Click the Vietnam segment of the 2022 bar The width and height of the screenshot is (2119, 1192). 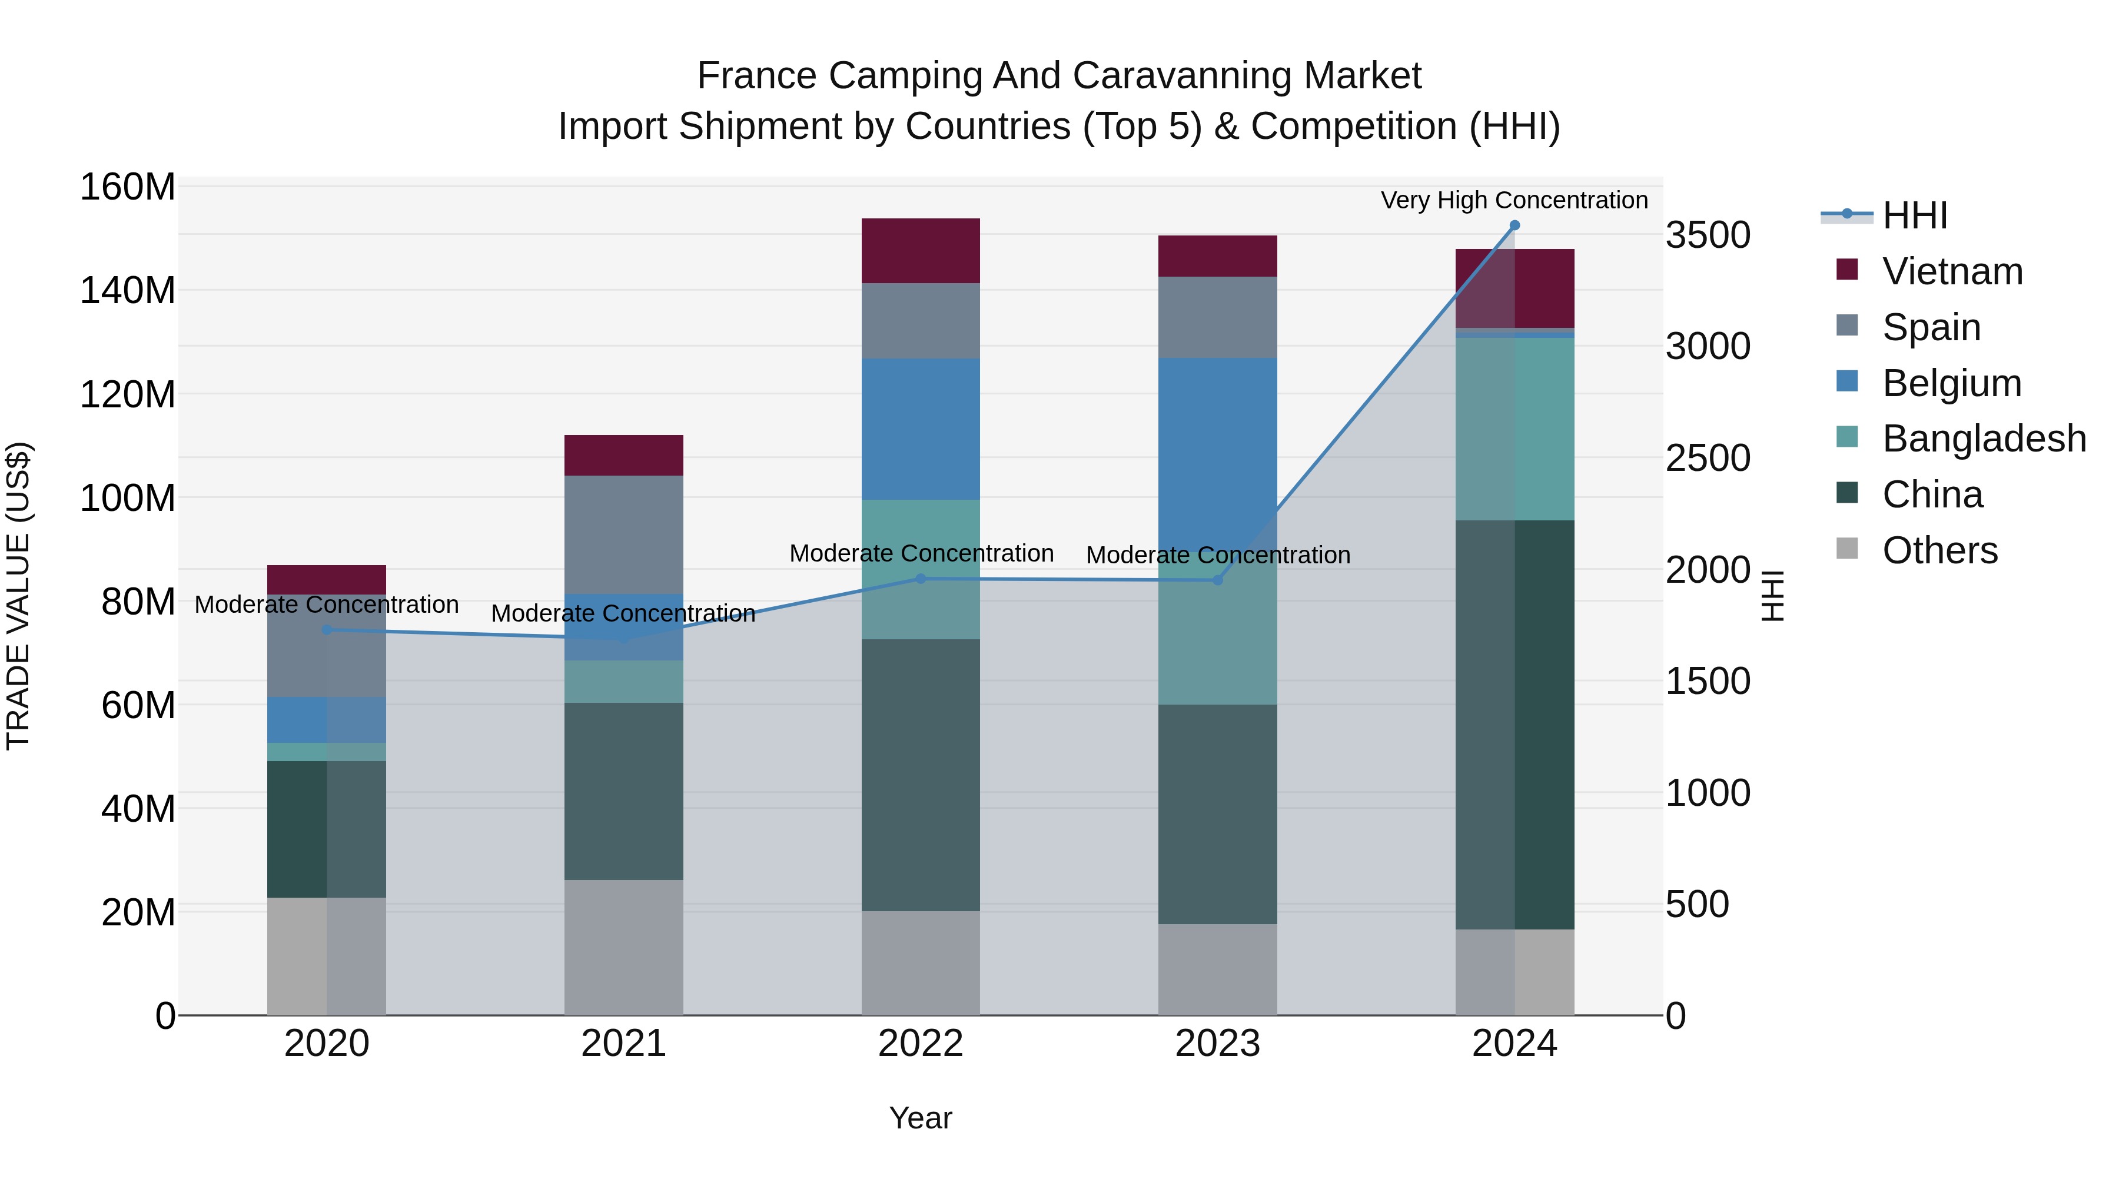921,251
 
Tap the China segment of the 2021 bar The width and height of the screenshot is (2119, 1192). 623,791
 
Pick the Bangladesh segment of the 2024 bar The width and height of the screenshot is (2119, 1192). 1514,429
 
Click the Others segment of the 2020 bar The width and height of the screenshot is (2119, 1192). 327,956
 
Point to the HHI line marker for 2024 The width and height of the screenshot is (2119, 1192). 1514,225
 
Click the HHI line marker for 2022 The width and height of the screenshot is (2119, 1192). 921,578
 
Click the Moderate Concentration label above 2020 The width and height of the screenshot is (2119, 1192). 327,605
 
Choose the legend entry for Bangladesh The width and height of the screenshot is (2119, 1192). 1983,439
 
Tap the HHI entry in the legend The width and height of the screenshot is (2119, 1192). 1914,215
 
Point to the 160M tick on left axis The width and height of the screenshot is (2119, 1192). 128,188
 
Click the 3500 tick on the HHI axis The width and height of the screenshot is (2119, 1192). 1708,235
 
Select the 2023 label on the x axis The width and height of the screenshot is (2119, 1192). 1217,1044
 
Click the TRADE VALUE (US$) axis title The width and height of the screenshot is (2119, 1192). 18,596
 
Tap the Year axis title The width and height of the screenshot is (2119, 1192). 921,1118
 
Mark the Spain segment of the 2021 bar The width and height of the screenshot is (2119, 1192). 623,534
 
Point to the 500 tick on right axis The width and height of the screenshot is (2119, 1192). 1696,904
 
